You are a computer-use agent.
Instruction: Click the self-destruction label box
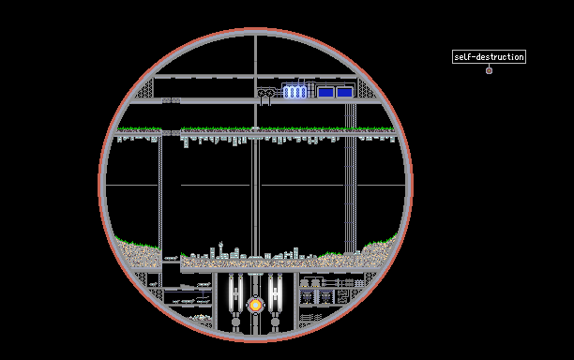tap(489, 56)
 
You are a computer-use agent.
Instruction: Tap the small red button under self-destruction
tap(489, 70)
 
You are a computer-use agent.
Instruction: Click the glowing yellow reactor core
tap(255, 305)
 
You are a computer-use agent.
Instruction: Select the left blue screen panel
tap(325, 92)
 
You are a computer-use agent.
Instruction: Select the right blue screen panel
tap(344, 92)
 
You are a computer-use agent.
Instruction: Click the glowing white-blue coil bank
tap(295, 92)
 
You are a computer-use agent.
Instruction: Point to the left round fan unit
tap(261, 94)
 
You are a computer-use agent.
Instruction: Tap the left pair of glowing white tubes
tap(235, 293)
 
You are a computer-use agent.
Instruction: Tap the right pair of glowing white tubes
tap(275, 293)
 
